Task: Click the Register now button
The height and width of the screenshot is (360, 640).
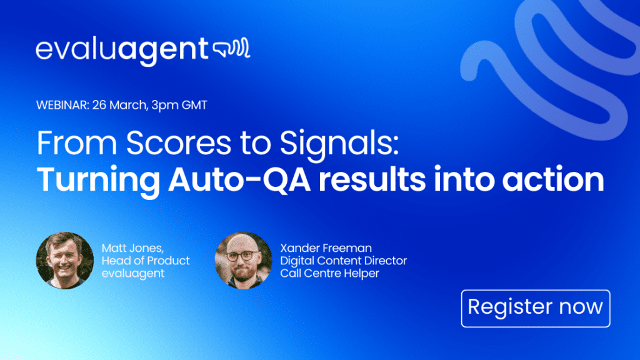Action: tap(536, 308)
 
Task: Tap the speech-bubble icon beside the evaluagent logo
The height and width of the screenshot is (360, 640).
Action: tap(231, 49)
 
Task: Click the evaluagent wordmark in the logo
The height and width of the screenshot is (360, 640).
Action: tap(122, 51)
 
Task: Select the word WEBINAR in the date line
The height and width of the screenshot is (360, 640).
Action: tap(62, 105)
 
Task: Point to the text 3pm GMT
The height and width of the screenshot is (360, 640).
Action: tap(179, 105)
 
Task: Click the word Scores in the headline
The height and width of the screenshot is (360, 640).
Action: tap(178, 143)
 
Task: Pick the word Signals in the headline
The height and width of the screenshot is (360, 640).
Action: tap(339, 145)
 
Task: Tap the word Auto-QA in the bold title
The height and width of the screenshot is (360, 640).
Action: tap(239, 179)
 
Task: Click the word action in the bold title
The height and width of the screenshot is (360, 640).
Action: tap(553, 179)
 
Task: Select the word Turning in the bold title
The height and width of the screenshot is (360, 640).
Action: tap(98, 181)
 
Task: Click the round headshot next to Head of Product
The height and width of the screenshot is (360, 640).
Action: tap(65, 261)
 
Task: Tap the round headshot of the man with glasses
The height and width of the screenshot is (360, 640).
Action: tap(243, 261)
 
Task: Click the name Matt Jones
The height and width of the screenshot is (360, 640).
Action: tap(132, 248)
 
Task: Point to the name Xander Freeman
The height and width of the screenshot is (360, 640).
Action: tap(326, 248)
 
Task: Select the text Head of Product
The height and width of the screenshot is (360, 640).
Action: tap(146, 261)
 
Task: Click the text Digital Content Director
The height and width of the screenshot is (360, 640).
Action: tap(343, 261)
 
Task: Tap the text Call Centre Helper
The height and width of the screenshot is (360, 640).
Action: tap(329, 273)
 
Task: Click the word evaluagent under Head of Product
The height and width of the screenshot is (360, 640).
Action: tap(133, 274)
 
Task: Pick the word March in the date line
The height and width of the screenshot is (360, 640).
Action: tap(127, 105)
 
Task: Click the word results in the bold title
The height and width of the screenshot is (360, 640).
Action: tap(372, 179)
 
